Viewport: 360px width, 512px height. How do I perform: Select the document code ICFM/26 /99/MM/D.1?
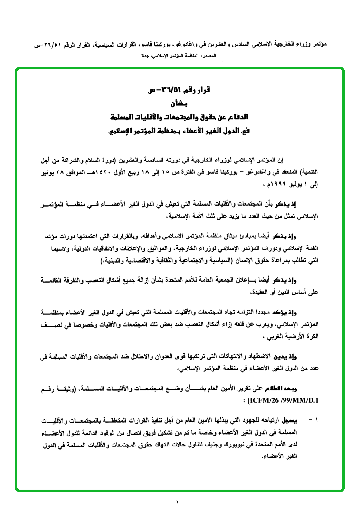coord(281,400)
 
